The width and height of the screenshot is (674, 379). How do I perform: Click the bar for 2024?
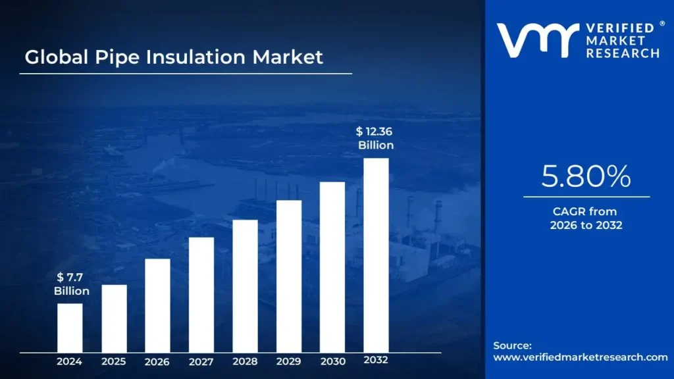click(70, 327)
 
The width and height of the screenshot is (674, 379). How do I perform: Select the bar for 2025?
click(114, 318)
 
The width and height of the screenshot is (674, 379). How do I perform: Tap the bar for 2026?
click(157, 305)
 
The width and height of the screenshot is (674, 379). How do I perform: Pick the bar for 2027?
click(201, 294)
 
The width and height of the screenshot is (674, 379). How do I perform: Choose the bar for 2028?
click(245, 286)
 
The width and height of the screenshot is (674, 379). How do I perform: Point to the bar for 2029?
click(289, 276)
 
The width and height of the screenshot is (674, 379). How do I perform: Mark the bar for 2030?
click(332, 266)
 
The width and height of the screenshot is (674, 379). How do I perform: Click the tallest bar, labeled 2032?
click(376, 255)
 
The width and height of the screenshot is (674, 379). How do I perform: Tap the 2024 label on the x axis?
click(70, 361)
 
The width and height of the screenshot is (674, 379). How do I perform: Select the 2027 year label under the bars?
click(201, 361)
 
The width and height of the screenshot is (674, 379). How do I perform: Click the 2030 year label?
click(332, 361)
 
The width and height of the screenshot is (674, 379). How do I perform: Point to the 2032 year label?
click(376, 360)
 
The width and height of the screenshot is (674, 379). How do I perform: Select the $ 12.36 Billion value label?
click(375, 139)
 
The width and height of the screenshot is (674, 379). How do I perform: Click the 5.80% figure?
click(586, 176)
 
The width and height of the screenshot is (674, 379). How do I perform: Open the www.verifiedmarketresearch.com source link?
click(580, 357)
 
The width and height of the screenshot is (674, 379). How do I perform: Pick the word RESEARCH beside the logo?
click(622, 53)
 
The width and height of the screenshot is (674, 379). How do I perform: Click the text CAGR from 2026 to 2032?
click(586, 218)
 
